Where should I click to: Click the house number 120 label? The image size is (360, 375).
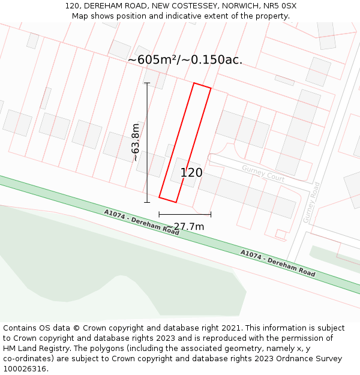191,173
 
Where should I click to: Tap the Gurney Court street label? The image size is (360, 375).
263,173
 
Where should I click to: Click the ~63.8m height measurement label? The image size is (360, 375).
136,142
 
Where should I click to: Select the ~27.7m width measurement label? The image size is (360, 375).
185,226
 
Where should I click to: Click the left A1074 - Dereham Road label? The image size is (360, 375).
142,222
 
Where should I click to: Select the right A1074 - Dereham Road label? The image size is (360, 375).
278,263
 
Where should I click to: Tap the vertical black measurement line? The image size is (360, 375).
147,142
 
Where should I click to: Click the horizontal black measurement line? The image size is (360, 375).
185,214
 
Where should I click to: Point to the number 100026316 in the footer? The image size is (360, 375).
24,369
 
